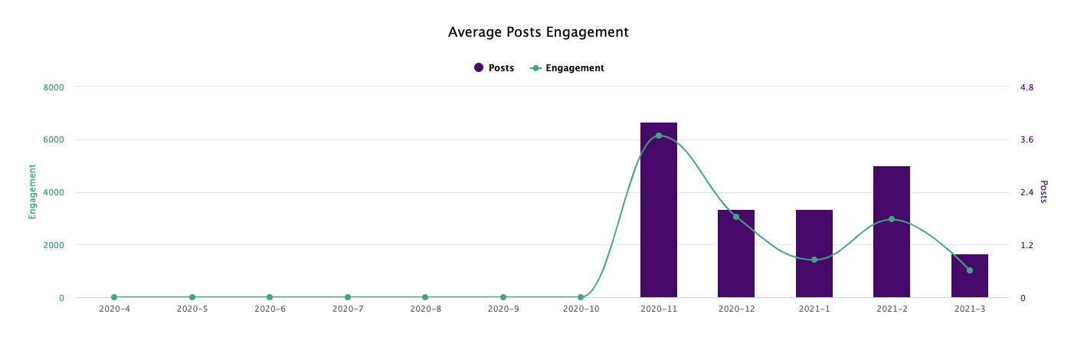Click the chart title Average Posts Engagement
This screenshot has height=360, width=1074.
point(538,32)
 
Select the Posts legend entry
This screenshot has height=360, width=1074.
point(494,68)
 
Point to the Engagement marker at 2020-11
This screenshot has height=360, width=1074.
point(658,136)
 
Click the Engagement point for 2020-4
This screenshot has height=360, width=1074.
point(114,297)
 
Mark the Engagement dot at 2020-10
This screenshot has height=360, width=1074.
point(581,297)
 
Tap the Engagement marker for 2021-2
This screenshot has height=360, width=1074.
point(892,219)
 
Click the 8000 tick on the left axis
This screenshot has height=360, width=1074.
point(54,87)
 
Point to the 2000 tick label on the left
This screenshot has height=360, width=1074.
point(54,245)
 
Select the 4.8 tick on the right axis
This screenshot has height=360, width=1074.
point(1027,87)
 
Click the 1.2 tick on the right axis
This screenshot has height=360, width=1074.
point(1027,245)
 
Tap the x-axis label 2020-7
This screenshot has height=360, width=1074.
point(348,309)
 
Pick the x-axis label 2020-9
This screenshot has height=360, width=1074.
point(503,309)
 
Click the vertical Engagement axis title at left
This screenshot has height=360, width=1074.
point(32,191)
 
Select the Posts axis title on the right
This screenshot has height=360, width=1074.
point(1043,191)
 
